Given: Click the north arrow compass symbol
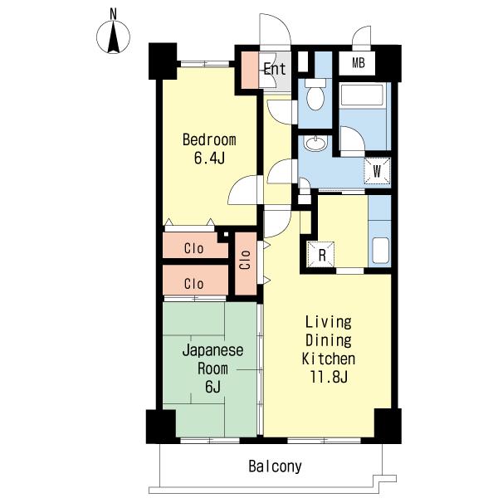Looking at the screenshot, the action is point(113,37).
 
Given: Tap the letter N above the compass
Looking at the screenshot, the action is point(113,14).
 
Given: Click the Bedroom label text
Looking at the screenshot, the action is point(209,140).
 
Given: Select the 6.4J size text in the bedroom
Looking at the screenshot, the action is point(209,158).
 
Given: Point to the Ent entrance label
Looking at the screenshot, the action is point(275,69).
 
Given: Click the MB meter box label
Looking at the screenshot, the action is point(359,63).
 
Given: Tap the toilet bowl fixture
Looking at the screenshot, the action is point(315,95).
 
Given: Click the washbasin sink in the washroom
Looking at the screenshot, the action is point(315,143).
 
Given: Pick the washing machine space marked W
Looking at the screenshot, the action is point(377,171).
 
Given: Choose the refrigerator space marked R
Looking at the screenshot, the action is point(321,255).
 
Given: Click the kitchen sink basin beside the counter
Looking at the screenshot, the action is point(380,251).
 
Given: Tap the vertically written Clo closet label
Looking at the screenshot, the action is point(245,260).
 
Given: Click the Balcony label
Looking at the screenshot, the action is point(275,466).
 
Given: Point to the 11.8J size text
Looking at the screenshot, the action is point(329,377).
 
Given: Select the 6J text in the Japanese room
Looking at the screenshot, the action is point(212,387).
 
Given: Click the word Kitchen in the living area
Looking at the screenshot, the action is point(329,359).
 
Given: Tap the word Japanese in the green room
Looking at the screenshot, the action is point(212,350).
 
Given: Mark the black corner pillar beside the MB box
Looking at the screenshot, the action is point(388,64).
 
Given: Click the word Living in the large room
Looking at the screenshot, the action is point(329,322).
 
